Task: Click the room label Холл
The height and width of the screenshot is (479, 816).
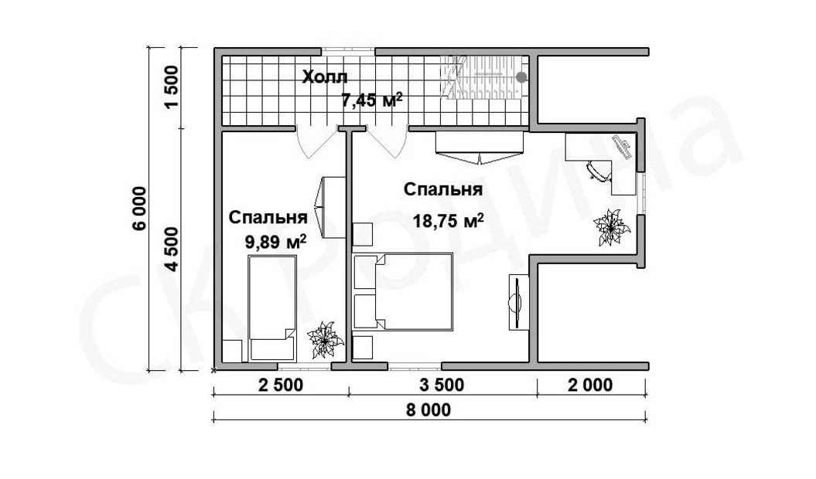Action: point(325,77)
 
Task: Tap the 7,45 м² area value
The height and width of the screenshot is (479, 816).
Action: point(371,99)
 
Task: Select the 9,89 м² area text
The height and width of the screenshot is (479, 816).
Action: point(275,241)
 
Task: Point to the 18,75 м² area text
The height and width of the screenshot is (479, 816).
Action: point(448,221)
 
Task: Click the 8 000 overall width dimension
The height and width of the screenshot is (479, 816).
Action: point(428,410)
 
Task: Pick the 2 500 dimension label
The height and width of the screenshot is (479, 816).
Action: point(280,386)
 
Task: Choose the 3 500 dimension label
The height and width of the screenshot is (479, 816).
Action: point(442,386)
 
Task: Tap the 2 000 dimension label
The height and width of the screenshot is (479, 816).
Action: point(591,386)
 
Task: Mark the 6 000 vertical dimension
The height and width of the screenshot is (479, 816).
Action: point(140,209)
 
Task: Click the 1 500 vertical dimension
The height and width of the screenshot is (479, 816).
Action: point(171,87)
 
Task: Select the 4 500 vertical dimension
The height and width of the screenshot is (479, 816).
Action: point(171,250)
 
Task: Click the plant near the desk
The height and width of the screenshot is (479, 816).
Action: point(612,227)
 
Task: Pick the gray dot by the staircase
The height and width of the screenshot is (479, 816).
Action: point(521,77)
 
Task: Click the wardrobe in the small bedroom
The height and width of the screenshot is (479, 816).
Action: point(331,208)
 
